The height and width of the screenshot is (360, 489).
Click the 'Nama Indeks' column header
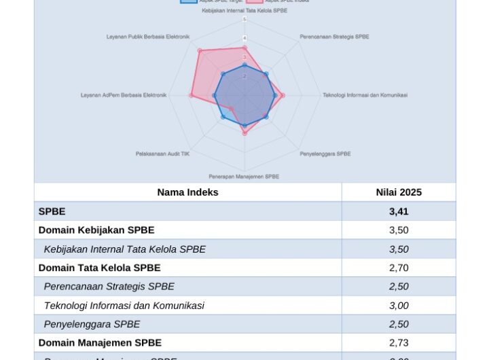coord(187,192)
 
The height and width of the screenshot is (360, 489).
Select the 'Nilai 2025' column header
coord(399,192)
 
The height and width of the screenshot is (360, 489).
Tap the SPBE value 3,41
coord(399,211)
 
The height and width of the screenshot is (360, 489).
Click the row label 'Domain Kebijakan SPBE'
coord(96,230)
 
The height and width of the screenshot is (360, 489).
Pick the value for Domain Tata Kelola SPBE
coord(399,268)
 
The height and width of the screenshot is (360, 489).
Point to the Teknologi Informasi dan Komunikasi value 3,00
coord(399,306)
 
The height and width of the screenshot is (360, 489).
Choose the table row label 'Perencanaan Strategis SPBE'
coord(109,287)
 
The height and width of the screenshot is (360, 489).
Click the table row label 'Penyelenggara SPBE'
coord(92,325)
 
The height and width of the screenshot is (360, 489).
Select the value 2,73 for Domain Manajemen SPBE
coord(399,343)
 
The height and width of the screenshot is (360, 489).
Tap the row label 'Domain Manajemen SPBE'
coord(100,343)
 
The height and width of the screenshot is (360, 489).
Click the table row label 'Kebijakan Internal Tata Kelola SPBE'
coord(124,249)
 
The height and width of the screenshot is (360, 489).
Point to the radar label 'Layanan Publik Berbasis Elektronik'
coord(148,37)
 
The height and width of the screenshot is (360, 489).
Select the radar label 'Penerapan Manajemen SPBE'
coord(244,177)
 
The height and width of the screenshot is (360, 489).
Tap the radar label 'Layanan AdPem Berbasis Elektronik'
coord(124,95)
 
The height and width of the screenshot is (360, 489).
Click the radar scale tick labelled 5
coord(244,20)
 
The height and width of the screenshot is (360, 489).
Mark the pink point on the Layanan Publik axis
coord(200,50)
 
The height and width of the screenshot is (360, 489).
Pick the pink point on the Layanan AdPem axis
coord(191,96)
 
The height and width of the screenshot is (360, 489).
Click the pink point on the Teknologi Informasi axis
coord(283,96)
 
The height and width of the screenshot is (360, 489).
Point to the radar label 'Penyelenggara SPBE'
coord(325,154)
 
